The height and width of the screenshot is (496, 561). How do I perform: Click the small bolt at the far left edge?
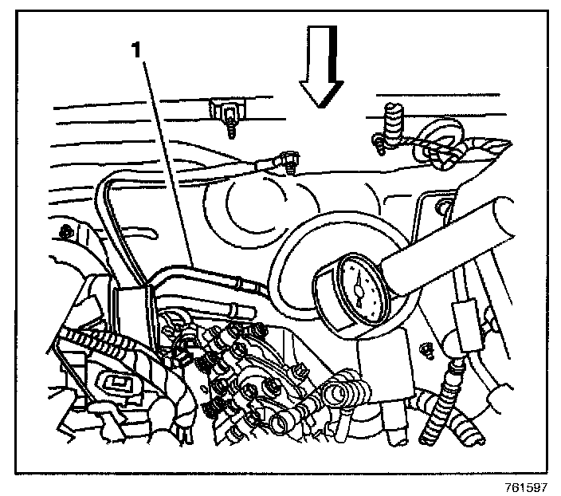point(64,232)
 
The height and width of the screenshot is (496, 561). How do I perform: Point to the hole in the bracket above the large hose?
point(439,210)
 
